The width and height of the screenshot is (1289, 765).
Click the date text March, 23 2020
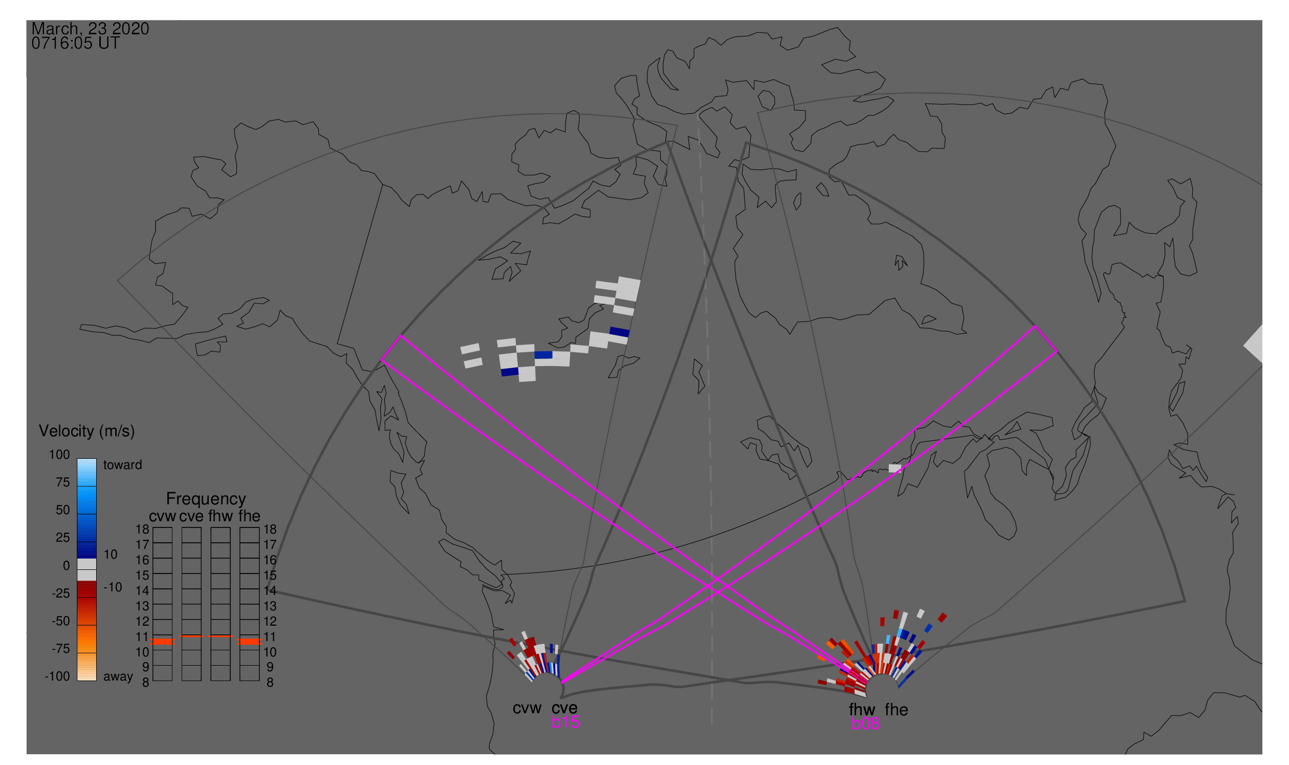point(90,28)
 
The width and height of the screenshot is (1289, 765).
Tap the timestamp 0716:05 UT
point(76,44)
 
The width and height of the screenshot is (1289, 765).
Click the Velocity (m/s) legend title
point(86,431)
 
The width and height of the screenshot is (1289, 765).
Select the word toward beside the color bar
point(122,465)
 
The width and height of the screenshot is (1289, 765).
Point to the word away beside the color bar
point(118,676)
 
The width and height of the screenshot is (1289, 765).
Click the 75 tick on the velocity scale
point(62,482)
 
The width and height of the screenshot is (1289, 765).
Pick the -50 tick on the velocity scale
point(60,621)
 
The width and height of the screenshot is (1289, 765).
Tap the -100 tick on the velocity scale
point(57,676)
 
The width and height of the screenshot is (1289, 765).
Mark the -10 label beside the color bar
point(112,587)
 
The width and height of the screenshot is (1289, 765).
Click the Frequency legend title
point(206,499)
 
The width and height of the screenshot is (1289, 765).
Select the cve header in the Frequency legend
point(191,516)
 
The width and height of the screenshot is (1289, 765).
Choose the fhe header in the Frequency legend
point(249,516)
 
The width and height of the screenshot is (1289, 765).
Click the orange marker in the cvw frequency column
point(162,642)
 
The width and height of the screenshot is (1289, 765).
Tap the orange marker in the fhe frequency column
point(249,642)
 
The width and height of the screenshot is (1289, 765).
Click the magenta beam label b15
point(565,722)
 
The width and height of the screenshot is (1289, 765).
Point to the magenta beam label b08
point(865,724)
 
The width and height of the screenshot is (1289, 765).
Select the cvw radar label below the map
point(527,708)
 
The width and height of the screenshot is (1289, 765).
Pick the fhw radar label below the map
point(862,710)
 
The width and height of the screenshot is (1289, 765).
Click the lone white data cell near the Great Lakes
point(895,468)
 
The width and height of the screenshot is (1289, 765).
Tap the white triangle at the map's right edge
point(1255,345)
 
